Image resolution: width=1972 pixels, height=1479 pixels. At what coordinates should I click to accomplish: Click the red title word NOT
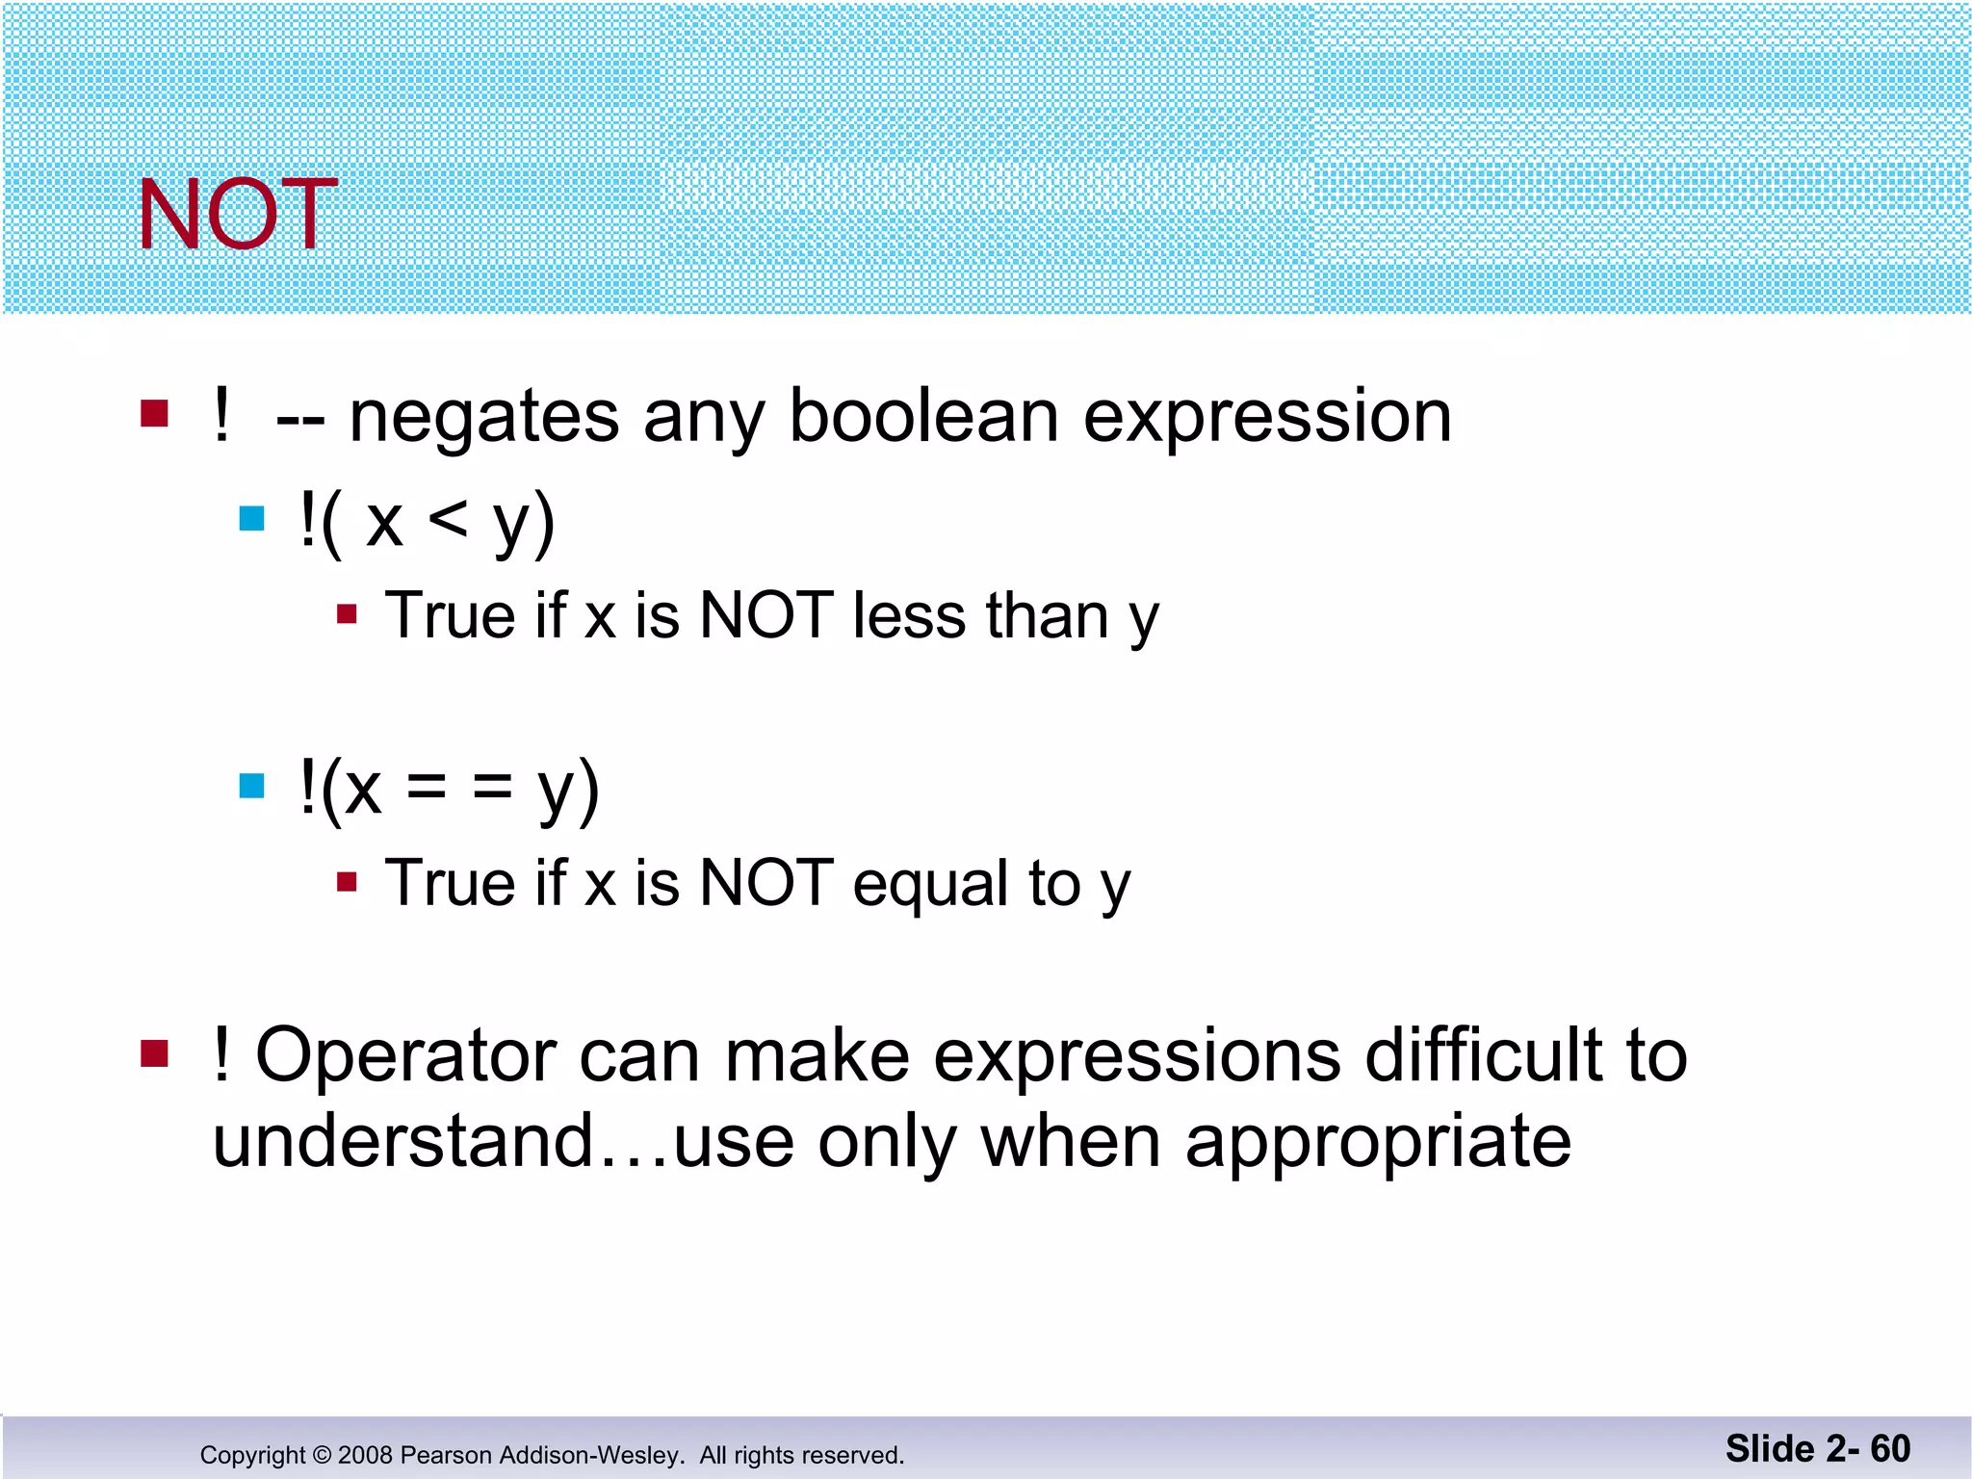[x=237, y=216]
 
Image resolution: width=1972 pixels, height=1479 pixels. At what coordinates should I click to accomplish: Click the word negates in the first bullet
[x=484, y=418]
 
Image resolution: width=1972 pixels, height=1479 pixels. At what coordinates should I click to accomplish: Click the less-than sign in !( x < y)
[x=448, y=522]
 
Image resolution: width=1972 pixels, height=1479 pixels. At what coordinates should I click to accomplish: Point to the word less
[x=908, y=616]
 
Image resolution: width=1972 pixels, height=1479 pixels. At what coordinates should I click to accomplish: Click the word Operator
[x=405, y=1055]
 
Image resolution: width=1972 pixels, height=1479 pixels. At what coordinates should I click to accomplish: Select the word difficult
[x=1484, y=1055]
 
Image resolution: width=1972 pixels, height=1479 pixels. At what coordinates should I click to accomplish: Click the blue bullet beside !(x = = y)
[x=252, y=786]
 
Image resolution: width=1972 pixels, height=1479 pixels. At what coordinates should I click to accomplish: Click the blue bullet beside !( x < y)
[x=252, y=519]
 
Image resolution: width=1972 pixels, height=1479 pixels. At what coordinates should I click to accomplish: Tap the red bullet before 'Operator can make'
[x=155, y=1053]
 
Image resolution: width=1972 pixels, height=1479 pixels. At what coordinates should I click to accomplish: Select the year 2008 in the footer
[x=365, y=1455]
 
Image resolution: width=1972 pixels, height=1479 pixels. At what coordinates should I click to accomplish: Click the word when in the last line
[x=1070, y=1142]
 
